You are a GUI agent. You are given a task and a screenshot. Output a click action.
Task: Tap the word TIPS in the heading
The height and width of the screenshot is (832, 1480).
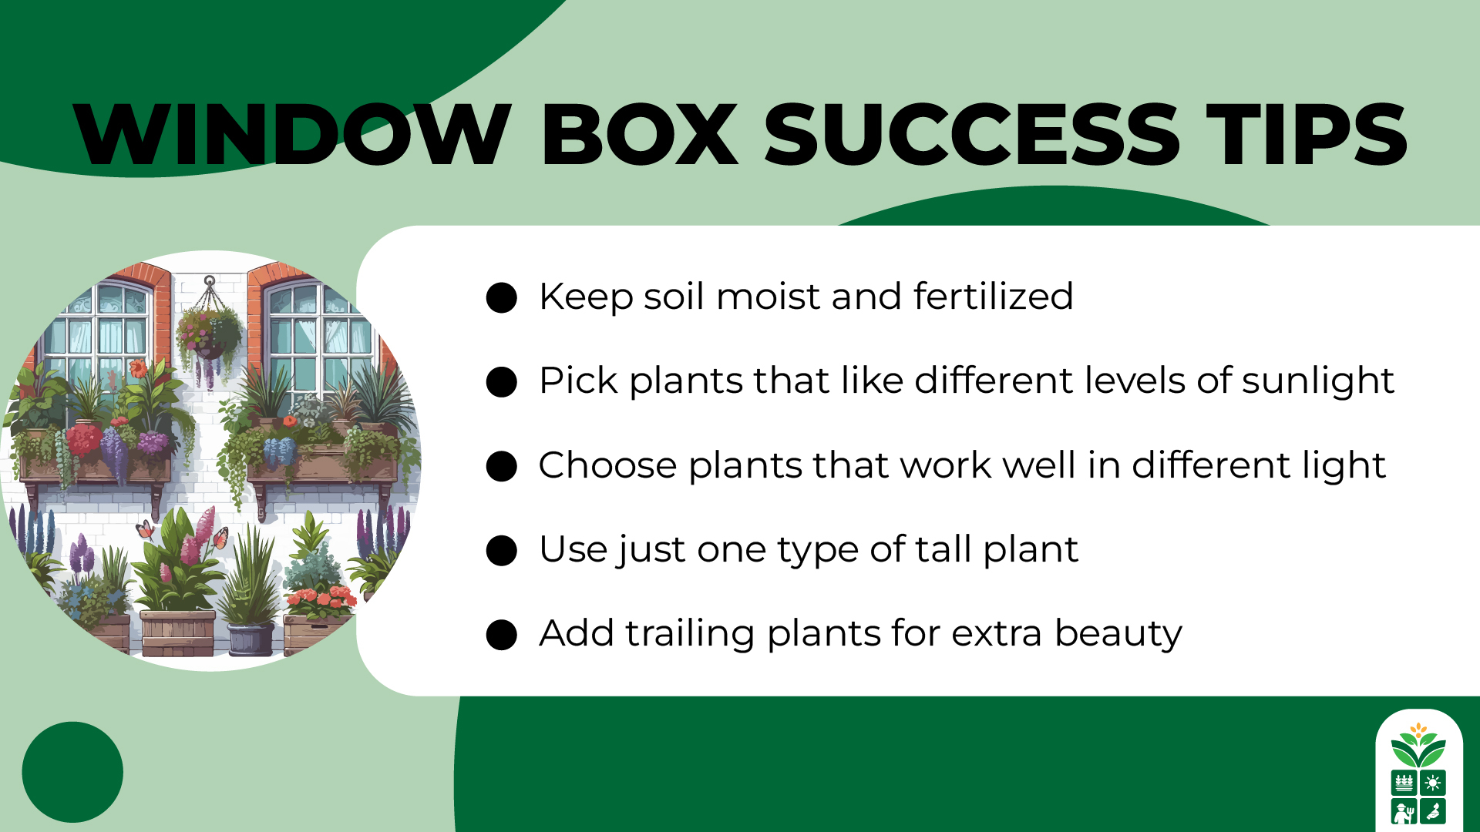[x=1307, y=135]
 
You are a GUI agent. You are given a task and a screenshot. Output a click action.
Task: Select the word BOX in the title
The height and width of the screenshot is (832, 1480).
[x=640, y=135]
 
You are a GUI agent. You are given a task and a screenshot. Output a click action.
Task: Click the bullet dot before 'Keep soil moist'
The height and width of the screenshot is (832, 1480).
[x=502, y=298]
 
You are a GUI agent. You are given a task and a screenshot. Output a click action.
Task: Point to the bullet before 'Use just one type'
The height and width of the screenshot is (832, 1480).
[x=502, y=551]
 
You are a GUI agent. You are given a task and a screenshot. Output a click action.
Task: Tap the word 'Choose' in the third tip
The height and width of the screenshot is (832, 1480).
[x=608, y=465]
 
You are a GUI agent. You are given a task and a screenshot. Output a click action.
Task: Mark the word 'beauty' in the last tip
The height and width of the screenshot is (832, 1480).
[x=1118, y=634]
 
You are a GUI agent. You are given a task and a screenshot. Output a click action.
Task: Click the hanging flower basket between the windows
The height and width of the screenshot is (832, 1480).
[x=208, y=335]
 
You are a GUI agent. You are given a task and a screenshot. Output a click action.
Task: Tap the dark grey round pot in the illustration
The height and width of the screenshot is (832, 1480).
[x=251, y=638]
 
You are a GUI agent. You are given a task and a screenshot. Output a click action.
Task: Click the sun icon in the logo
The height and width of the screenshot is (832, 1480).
[x=1432, y=783]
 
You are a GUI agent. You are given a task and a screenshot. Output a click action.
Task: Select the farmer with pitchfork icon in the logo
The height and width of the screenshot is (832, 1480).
[x=1404, y=812]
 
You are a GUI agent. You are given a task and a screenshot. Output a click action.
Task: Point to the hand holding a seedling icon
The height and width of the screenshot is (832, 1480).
[x=1432, y=812]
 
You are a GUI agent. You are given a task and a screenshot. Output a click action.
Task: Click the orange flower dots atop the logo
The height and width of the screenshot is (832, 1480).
[x=1418, y=728]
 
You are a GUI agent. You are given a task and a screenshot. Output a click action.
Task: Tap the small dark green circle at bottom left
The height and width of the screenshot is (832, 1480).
[x=72, y=772]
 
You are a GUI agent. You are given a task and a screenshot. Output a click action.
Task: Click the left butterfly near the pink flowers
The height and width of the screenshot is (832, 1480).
[x=144, y=529]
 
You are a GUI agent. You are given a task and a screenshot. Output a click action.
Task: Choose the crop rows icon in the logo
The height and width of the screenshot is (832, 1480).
[x=1404, y=783]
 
